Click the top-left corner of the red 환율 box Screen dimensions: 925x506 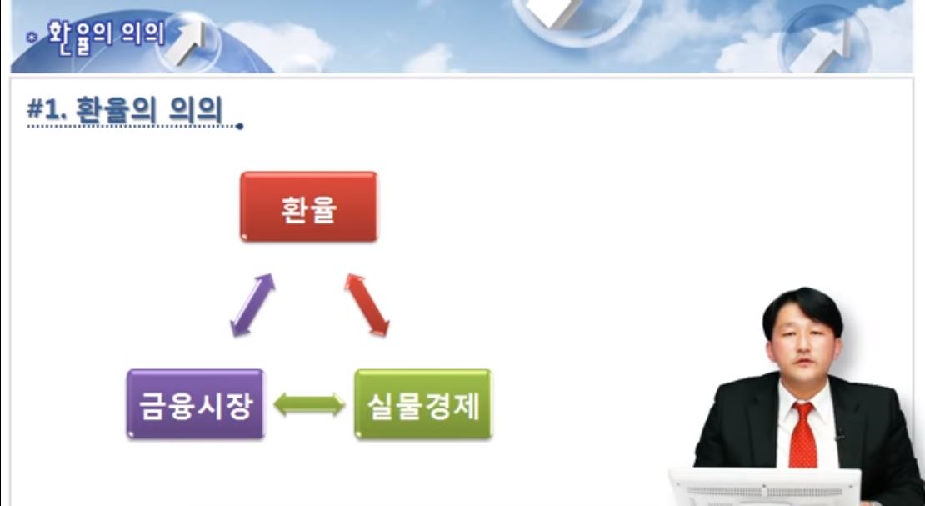[x=242, y=173]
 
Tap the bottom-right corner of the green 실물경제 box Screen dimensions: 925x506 [x=492, y=438]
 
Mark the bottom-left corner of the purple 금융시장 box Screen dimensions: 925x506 [x=128, y=438]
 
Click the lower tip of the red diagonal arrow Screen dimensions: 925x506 [x=387, y=335]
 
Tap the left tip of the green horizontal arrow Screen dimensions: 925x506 [x=274, y=404]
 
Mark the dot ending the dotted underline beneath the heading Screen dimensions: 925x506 [x=239, y=127]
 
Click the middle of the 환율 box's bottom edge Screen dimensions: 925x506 [x=309, y=241]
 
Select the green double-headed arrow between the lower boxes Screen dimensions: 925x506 [x=310, y=404]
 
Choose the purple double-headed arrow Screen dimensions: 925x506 [x=252, y=305]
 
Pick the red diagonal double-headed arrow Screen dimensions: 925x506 [x=367, y=304]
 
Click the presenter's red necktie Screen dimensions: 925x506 [x=802, y=434]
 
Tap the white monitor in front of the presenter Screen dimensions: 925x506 [x=765, y=487]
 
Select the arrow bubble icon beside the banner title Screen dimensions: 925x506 [x=188, y=42]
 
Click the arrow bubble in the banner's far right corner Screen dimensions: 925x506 [x=824, y=42]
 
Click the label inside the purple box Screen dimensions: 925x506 [x=196, y=405]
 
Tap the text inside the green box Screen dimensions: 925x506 [x=423, y=405]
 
